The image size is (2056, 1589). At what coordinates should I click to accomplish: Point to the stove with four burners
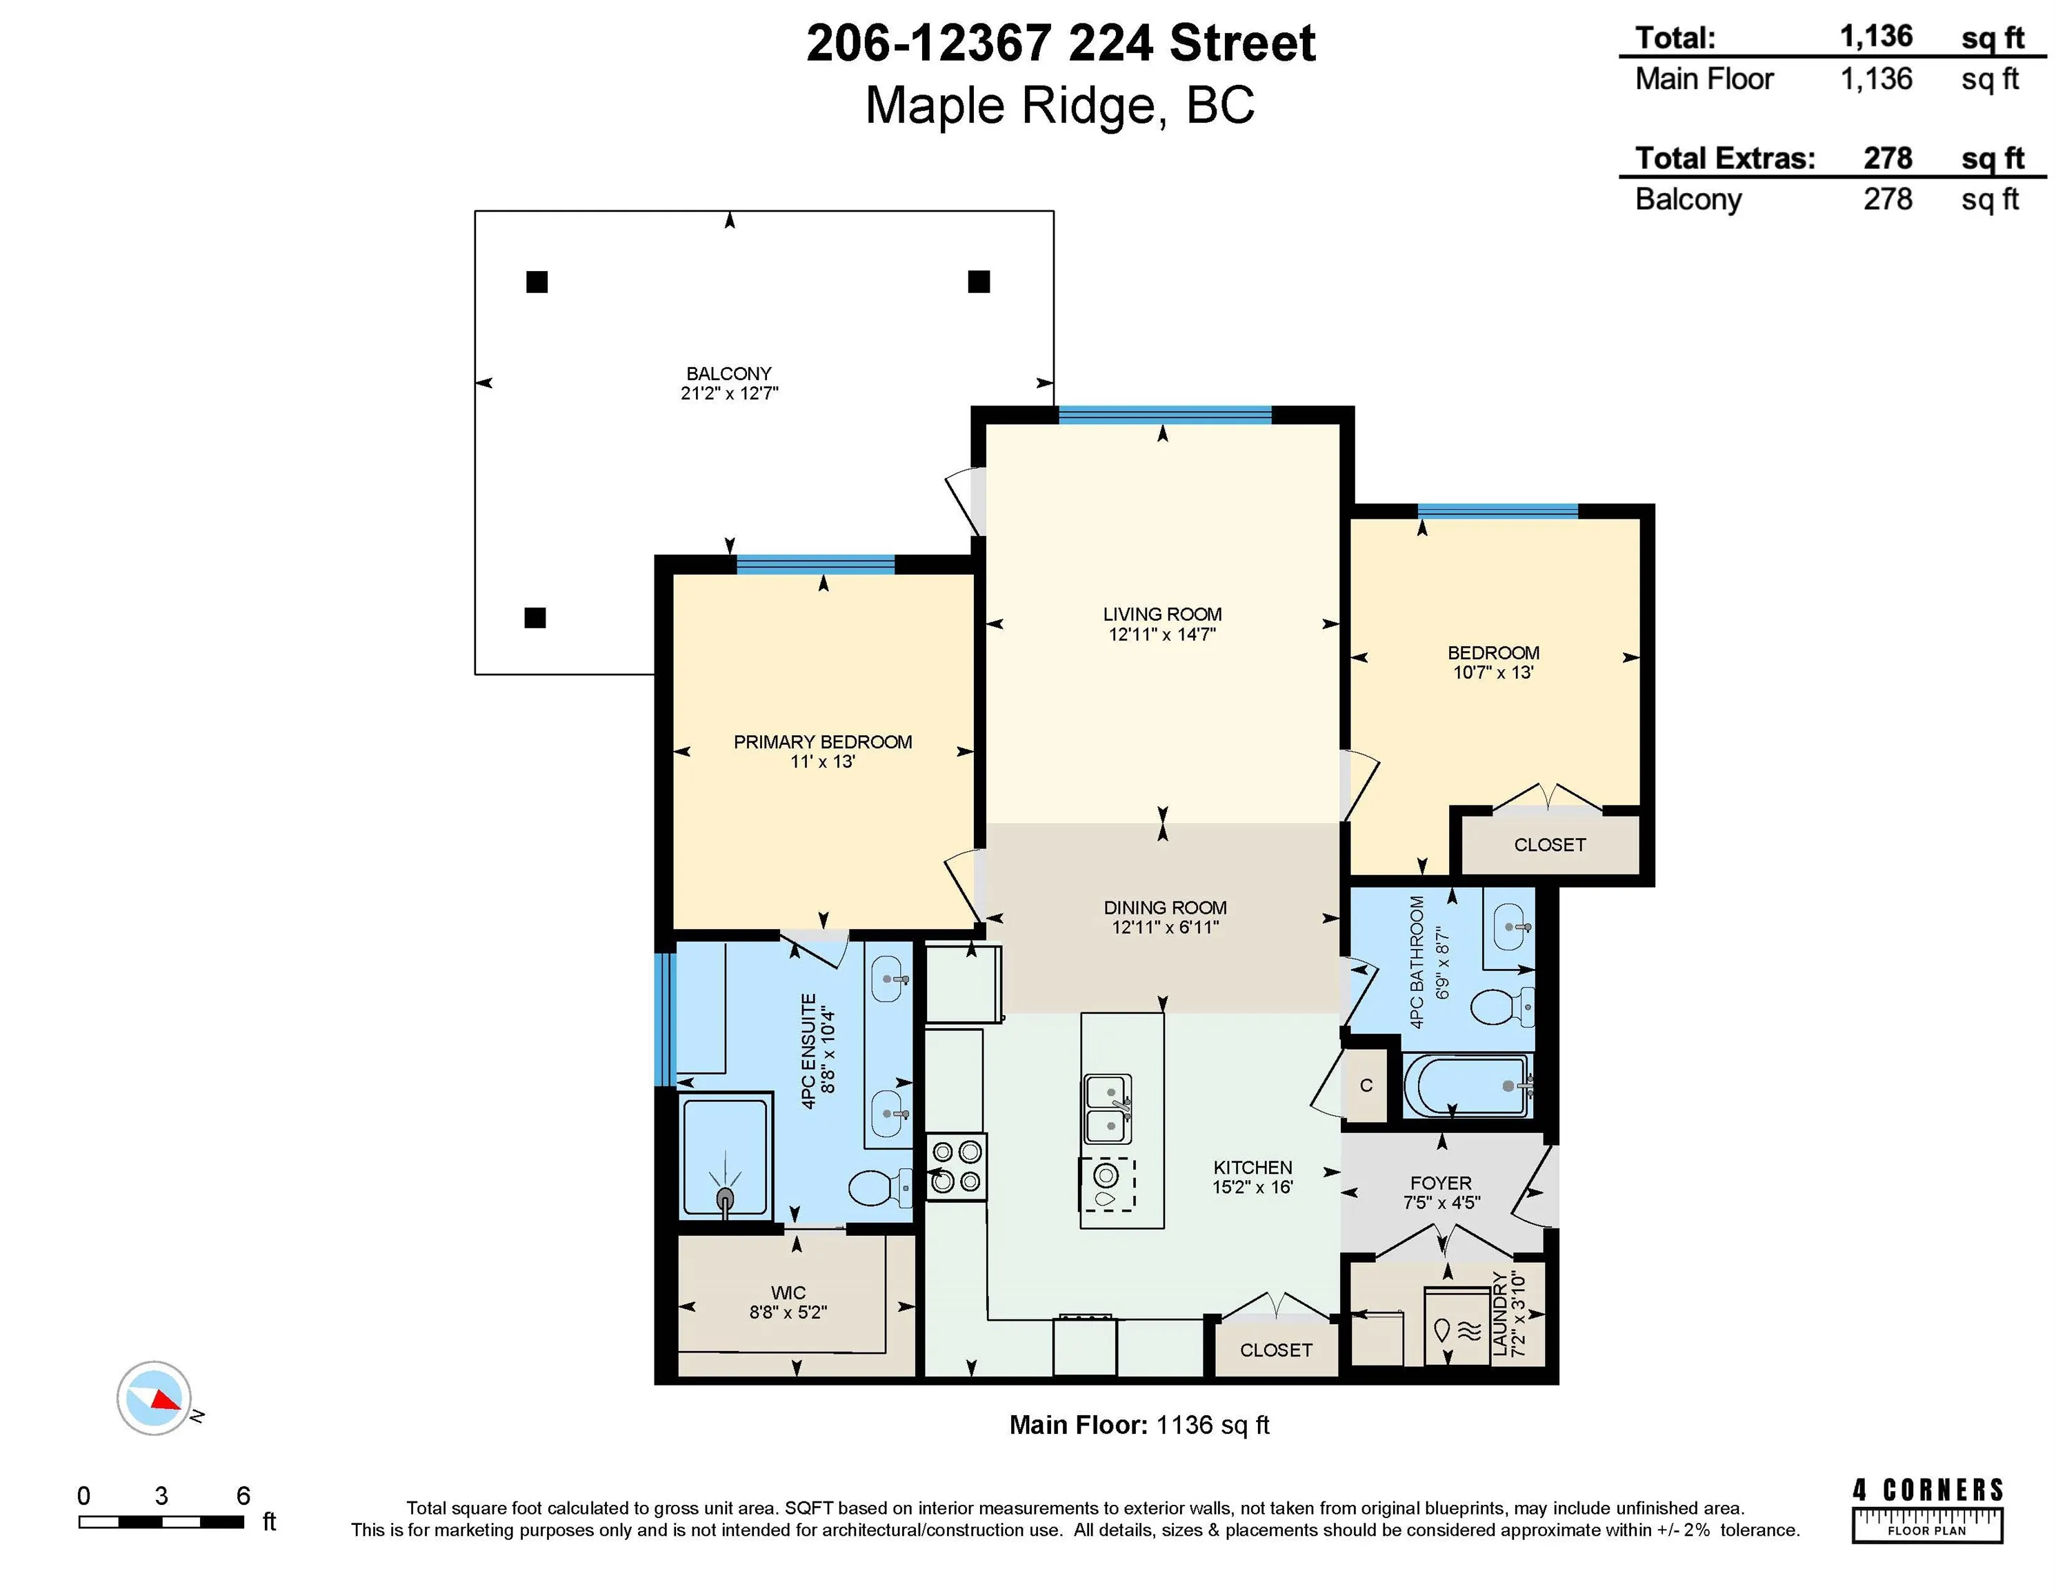pos(957,1166)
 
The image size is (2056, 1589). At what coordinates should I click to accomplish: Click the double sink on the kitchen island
pos(1108,1109)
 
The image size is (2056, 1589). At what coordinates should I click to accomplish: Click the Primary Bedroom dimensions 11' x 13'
pos(822,761)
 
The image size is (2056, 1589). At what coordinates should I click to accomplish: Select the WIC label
pos(788,1292)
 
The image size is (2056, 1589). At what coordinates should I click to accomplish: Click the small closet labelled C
pos(1366,1086)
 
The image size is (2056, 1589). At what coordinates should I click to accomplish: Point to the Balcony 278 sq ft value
pos(1888,199)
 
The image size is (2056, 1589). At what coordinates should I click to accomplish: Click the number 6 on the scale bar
pos(243,1495)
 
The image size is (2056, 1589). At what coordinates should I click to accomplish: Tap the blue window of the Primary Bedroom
pos(815,565)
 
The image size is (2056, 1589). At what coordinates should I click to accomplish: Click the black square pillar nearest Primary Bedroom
pos(535,617)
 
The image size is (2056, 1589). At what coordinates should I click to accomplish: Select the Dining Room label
pos(1164,908)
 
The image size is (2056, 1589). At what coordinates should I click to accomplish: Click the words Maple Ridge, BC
pos(1060,106)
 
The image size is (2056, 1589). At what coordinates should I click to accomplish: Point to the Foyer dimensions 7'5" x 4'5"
pos(1440,1202)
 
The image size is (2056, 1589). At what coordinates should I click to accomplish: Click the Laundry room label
pos(1499,1313)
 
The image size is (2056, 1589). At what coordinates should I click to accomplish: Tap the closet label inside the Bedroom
pos(1550,844)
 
